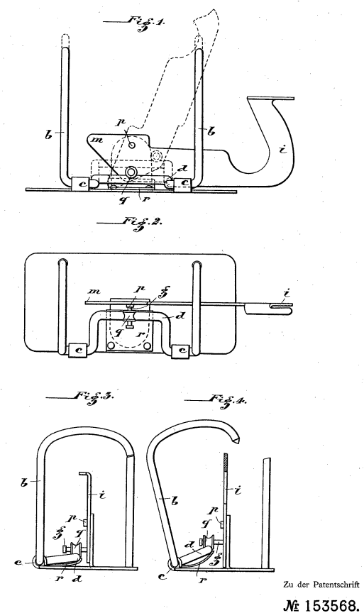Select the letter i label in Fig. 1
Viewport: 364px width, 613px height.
[x=282, y=149]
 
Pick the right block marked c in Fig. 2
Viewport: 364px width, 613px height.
[x=182, y=350]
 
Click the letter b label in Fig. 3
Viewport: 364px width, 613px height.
[x=24, y=482]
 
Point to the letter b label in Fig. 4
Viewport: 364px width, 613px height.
[x=175, y=500]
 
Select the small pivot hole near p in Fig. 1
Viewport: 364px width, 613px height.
[x=132, y=145]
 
